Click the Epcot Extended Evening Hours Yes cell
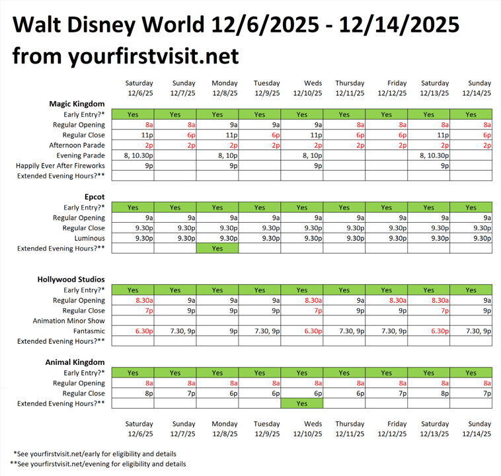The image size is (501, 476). coord(217,249)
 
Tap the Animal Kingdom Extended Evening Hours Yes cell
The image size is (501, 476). coord(302,403)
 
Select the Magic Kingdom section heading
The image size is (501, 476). coord(77,104)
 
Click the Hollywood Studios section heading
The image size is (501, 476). coord(71,280)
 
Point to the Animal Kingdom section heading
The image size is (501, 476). coord(75,362)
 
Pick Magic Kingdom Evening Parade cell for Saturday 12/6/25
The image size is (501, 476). coord(133,155)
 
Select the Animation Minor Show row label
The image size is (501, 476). coord(69,321)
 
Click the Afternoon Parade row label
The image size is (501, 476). coord(77,145)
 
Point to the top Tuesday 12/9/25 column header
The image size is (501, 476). coord(266,88)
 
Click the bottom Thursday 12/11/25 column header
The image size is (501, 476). coord(350,429)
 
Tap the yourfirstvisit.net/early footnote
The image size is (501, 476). coord(99,454)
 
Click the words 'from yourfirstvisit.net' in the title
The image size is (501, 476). coord(126,56)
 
